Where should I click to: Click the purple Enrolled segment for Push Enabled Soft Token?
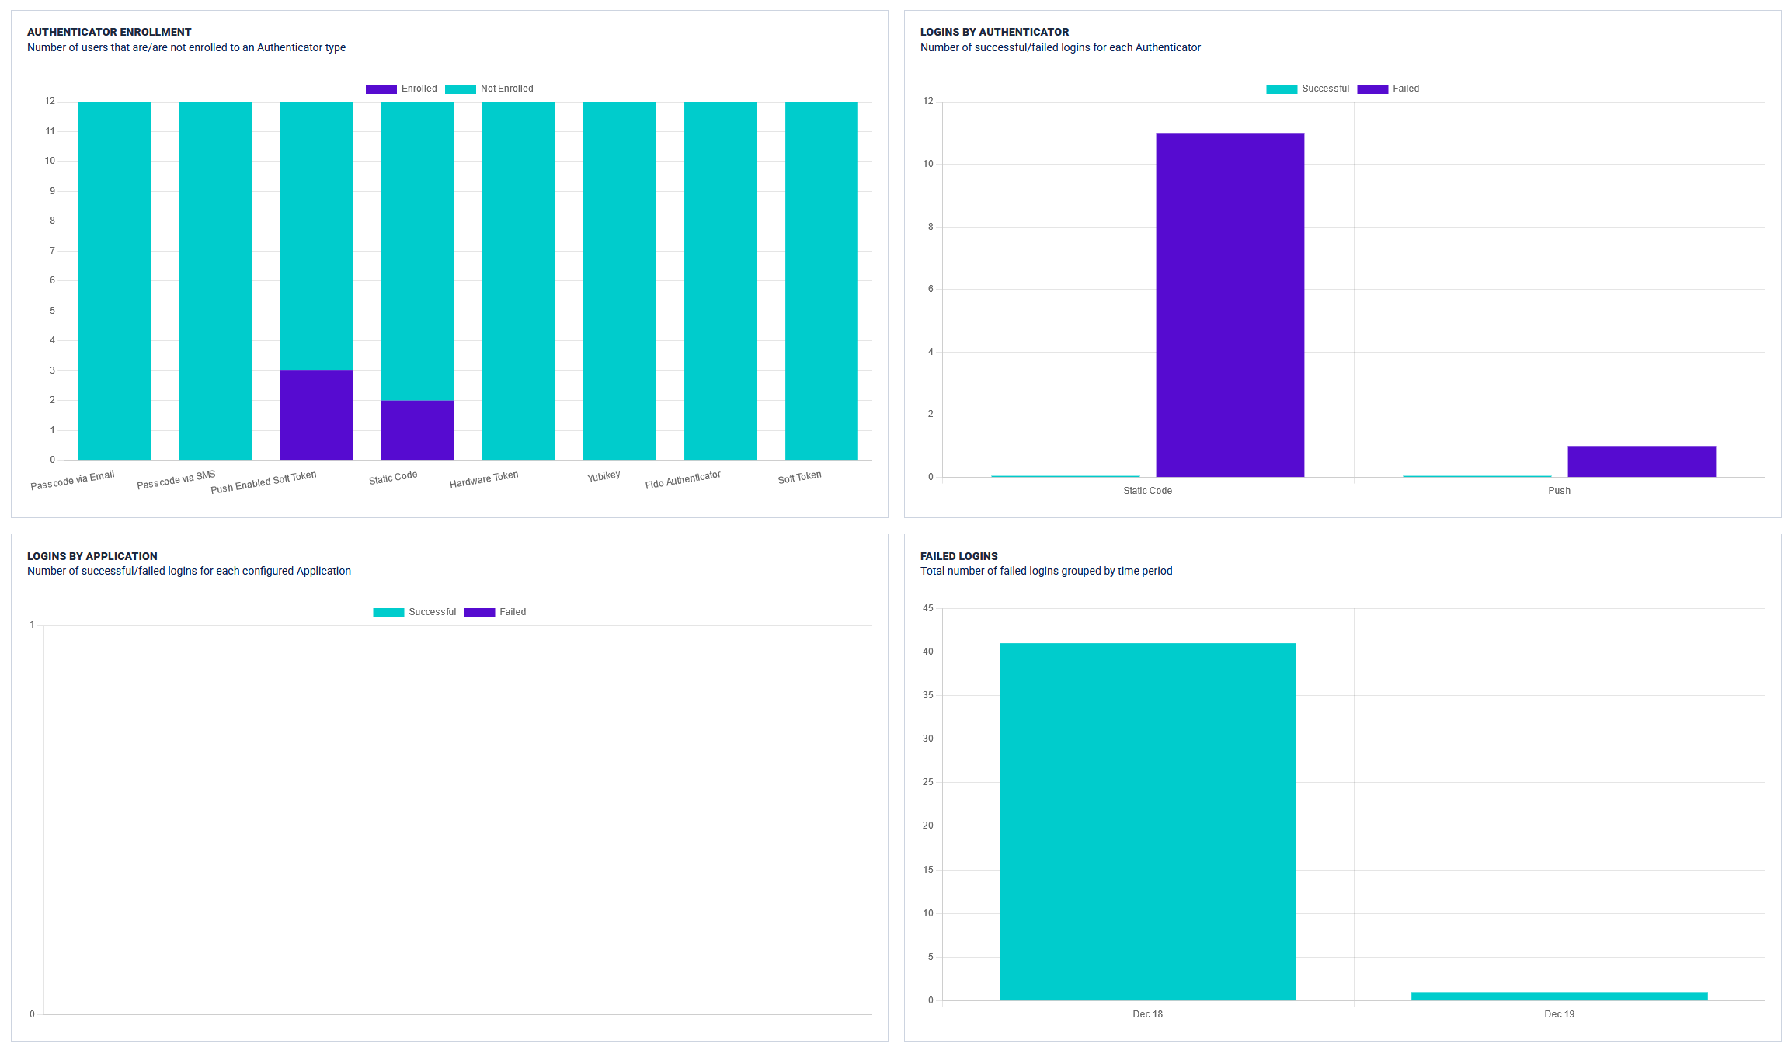tap(316, 415)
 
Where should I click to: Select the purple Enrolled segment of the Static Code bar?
tap(417, 429)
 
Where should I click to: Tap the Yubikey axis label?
tap(604, 476)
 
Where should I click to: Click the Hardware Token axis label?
tap(483, 479)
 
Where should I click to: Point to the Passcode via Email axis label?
tap(72, 481)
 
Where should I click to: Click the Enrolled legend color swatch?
tap(381, 89)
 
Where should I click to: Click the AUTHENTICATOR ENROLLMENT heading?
tap(109, 32)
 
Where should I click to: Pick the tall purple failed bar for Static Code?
tap(1230, 304)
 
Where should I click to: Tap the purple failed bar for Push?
tap(1640, 461)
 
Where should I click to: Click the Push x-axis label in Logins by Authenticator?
tap(1559, 491)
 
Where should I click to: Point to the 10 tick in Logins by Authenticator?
tap(928, 164)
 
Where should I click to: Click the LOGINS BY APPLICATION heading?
tap(92, 556)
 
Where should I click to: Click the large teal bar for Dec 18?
tap(1147, 821)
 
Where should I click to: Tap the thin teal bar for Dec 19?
tap(1559, 996)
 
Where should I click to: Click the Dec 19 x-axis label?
tap(1559, 1014)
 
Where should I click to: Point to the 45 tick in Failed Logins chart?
tap(928, 608)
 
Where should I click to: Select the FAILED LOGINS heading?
tap(958, 556)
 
